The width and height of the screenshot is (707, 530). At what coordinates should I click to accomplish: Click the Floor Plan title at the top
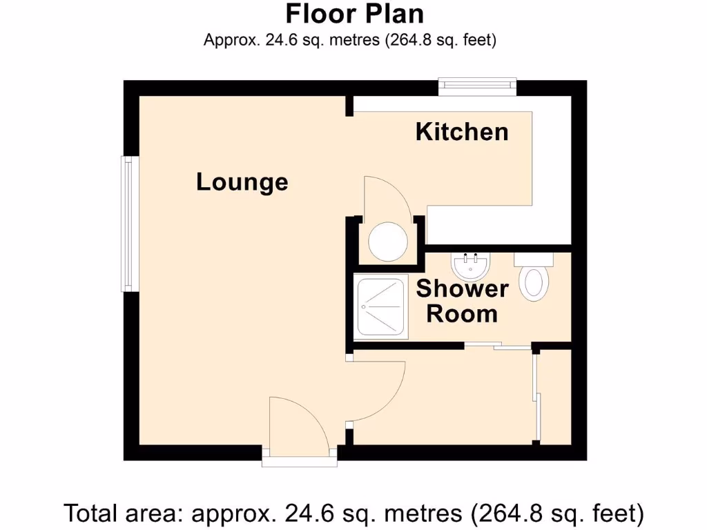355,14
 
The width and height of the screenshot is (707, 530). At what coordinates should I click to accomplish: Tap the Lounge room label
242,182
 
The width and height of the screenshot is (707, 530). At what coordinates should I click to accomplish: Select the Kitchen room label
462,132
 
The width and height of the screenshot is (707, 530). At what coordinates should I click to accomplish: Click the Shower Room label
462,301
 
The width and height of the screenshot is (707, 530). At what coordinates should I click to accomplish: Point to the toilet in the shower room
534,279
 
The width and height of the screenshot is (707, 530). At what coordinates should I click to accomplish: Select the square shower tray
380,308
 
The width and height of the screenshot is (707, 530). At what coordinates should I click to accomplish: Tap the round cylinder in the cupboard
387,242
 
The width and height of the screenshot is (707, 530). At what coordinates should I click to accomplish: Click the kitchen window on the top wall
478,86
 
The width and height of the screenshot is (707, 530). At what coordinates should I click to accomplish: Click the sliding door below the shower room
497,345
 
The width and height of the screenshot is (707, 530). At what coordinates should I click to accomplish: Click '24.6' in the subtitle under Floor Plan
277,40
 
